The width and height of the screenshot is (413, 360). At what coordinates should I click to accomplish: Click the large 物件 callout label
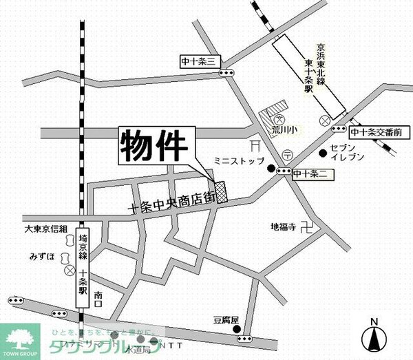click(x=156, y=146)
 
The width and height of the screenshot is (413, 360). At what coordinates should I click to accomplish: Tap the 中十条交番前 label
click(x=376, y=131)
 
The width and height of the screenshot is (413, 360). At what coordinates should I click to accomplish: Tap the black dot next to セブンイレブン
click(x=321, y=152)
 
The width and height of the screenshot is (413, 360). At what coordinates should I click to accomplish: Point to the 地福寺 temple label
click(x=283, y=226)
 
